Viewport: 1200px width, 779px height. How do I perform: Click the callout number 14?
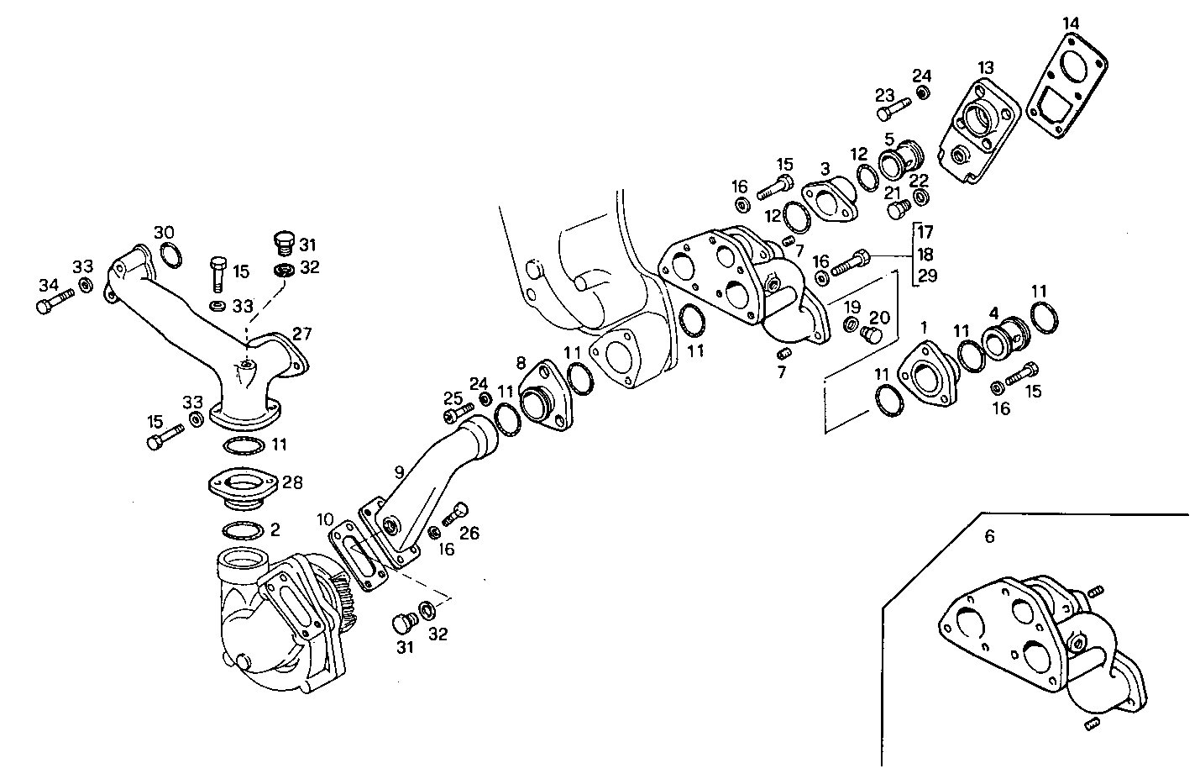(x=1070, y=23)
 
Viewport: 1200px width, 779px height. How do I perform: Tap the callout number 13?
(x=986, y=66)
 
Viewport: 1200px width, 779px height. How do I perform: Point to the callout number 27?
(x=301, y=334)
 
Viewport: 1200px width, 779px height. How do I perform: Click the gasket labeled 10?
(x=359, y=557)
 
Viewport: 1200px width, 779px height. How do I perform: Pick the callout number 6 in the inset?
(x=989, y=536)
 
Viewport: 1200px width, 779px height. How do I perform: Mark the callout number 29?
(x=926, y=276)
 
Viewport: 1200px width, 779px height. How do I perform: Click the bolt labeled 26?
(x=454, y=514)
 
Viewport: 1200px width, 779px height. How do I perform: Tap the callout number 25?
(x=453, y=397)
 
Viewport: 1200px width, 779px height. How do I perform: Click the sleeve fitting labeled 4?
(x=1001, y=340)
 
